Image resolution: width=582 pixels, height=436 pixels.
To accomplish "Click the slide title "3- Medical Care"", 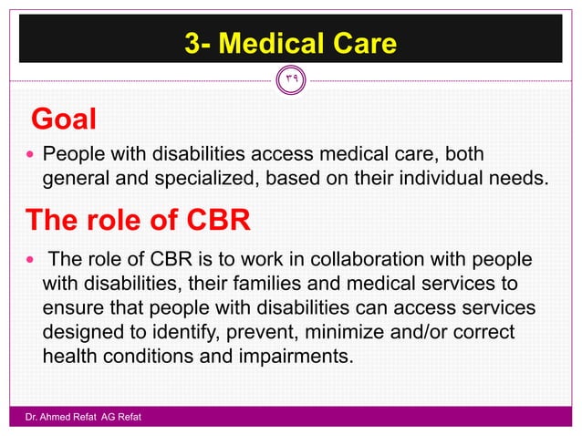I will tap(290, 43).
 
